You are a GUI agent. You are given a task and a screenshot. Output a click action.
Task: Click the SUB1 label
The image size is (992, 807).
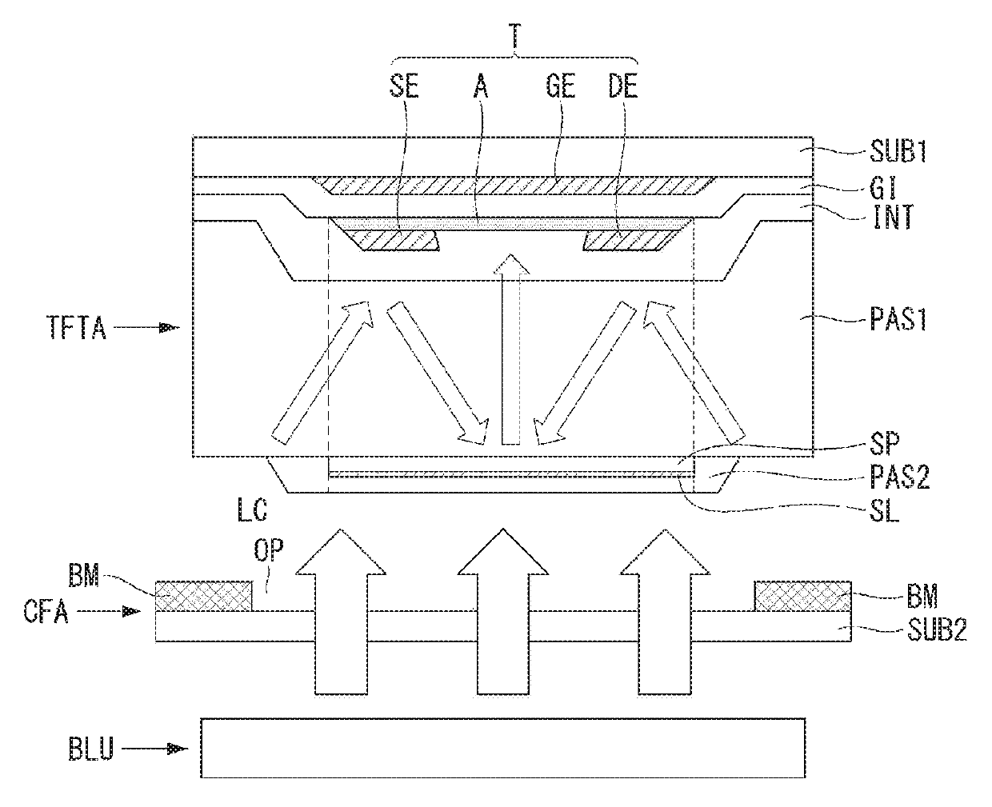pos(898,151)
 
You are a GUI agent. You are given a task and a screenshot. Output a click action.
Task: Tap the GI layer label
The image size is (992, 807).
pos(883,189)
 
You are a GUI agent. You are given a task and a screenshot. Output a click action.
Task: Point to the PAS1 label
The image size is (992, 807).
pos(898,320)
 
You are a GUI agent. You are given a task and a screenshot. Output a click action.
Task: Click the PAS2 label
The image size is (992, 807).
pos(900,477)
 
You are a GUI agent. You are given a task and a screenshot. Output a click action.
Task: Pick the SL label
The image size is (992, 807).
pos(884,511)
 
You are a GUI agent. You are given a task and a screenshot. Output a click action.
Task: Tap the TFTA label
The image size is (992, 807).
pos(77,327)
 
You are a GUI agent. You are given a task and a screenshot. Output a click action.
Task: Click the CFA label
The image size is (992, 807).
pos(46,611)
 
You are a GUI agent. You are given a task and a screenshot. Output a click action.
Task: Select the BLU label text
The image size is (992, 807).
pos(91,749)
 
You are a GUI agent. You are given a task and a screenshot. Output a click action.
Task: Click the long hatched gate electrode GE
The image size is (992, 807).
pos(514,186)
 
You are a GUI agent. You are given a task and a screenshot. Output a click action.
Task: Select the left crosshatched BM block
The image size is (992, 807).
pos(203,596)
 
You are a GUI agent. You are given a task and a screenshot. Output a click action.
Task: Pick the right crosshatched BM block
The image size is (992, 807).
pos(802,596)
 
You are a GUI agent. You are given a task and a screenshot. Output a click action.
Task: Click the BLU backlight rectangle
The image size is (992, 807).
pos(503,749)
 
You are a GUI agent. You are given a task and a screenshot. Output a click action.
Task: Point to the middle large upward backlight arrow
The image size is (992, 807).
pos(503,612)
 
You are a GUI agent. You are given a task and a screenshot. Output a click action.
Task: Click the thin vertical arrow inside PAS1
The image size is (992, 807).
pos(511,350)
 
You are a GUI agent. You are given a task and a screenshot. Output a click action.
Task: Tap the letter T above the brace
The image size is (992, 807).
pos(514,35)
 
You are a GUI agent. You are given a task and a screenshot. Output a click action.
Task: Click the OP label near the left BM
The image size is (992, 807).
pos(269,550)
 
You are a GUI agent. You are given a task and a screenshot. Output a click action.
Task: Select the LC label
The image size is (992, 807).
pos(253,509)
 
